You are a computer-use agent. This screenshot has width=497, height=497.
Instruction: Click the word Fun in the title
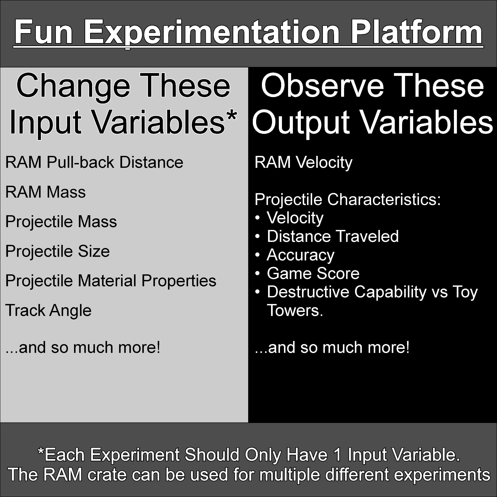click(x=44, y=33)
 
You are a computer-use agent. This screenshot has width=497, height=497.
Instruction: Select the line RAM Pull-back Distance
click(x=94, y=162)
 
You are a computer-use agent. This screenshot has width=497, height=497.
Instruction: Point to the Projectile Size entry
click(x=57, y=251)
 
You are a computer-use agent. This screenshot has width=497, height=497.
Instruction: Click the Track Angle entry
click(x=48, y=310)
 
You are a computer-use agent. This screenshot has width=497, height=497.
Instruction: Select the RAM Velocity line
click(x=303, y=162)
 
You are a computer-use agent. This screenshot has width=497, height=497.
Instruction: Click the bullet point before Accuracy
click(x=257, y=255)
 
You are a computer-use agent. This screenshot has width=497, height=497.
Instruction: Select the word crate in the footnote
click(x=107, y=475)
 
